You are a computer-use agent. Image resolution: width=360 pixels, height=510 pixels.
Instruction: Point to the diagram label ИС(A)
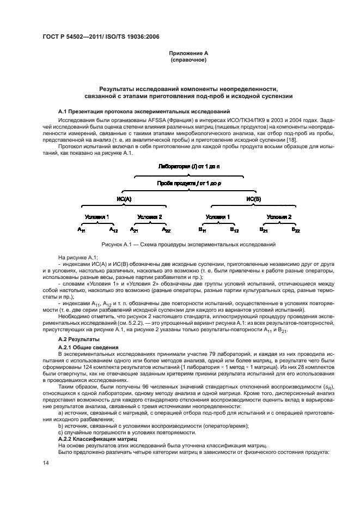click(124, 199)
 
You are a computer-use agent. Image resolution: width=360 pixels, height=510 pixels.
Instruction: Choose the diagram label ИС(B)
click(254, 199)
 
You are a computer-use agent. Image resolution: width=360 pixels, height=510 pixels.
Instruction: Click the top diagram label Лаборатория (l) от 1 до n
click(188, 165)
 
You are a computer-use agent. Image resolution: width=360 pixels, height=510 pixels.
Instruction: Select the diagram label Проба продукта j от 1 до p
click(188, 183)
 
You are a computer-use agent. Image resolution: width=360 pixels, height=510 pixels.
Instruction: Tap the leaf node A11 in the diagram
click(81, 230)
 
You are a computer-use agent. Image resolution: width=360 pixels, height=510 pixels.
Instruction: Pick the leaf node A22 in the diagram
click(166, 230)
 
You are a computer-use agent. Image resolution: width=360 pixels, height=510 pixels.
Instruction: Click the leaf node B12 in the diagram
click(234, 230)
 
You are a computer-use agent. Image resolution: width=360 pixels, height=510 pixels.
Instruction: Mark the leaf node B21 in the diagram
click(263, 230)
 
